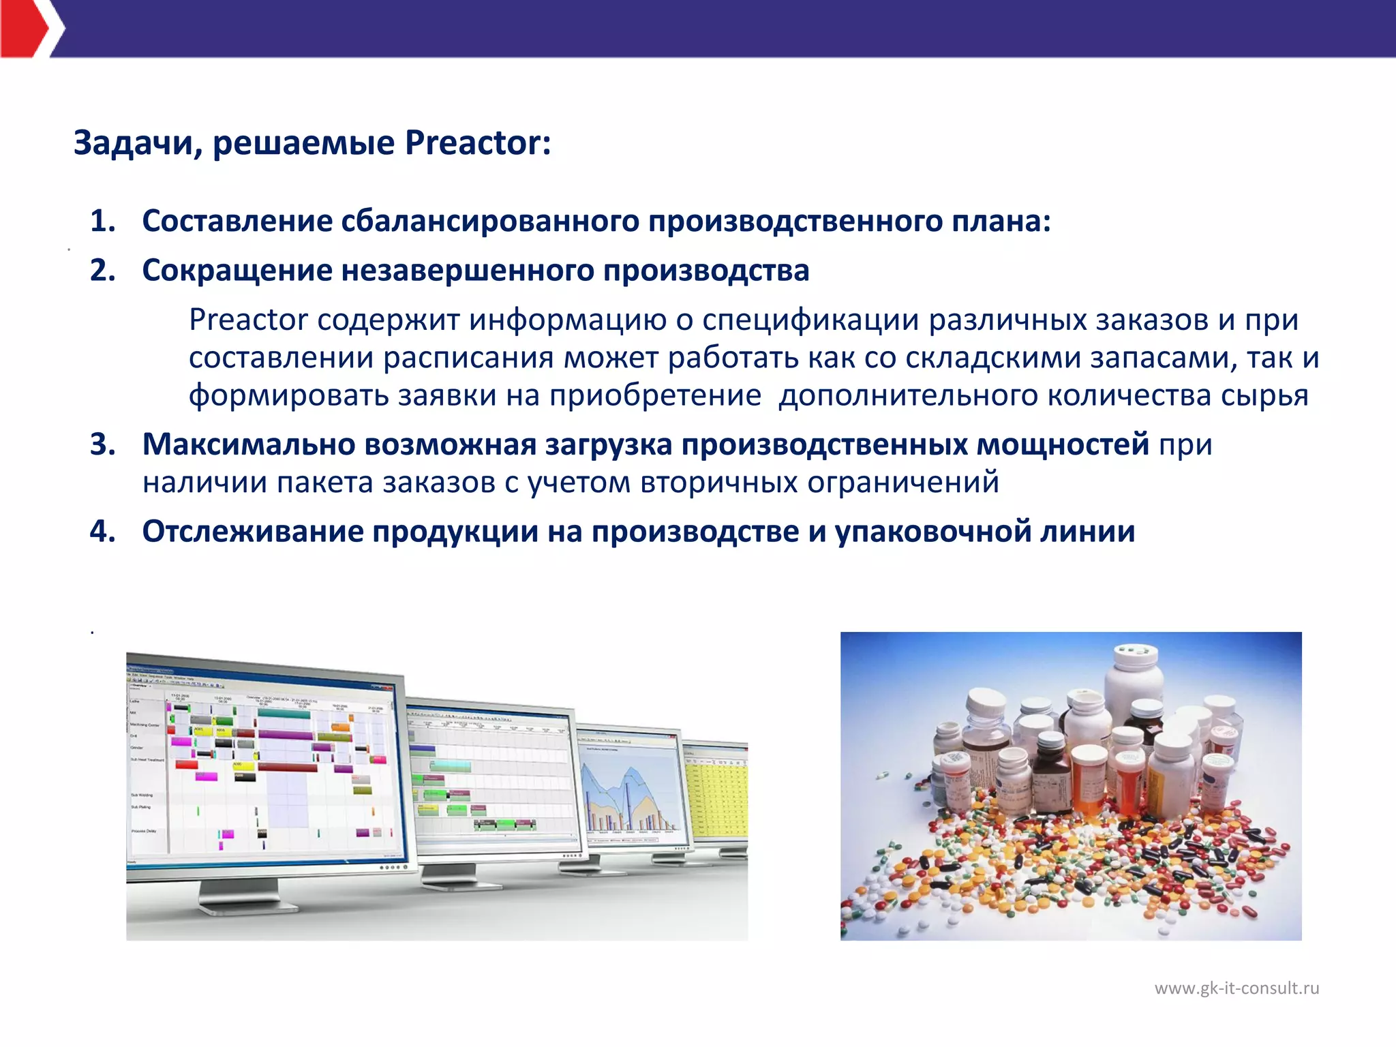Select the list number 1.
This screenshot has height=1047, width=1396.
coord(102,221)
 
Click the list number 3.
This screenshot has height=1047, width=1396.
coord(102,444)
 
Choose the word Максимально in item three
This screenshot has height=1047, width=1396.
coord(248,444)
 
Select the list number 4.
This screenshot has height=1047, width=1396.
coord(102,531)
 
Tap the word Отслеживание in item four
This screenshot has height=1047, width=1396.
coord(252,531)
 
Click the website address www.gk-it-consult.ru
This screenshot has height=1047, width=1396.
coord(1236,988)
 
